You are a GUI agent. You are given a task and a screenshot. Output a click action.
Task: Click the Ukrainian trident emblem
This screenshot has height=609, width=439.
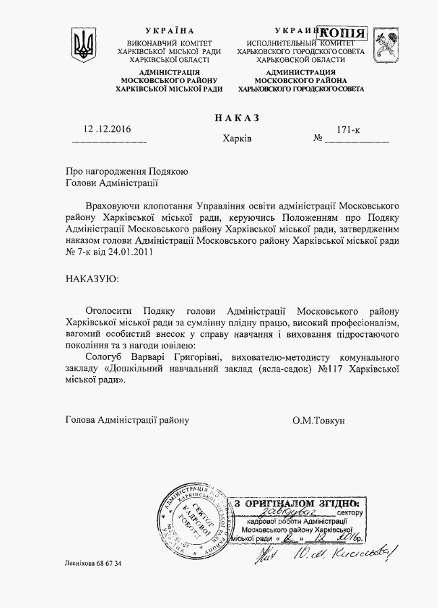click(x=84, y=45)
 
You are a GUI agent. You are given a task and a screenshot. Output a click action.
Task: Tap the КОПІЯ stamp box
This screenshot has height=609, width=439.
click(x=343, y=33)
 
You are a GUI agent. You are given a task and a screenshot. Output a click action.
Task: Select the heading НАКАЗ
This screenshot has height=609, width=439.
click(x=237, y=117)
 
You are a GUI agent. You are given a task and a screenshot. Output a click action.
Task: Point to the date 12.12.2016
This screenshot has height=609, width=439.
click(x=108, y=129)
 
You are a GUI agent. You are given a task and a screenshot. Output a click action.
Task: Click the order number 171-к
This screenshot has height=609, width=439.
click(x=349, y=128)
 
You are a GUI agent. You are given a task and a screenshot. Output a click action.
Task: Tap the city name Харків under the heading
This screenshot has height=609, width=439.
click(x=237, y=139)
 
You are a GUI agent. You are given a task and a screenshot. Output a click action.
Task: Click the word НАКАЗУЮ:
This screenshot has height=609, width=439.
click(x=91, y=278)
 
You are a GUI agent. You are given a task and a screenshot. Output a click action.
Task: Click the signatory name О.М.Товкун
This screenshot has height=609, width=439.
click(x=319, y=420)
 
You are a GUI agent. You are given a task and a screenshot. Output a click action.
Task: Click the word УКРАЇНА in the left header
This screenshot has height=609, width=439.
click(x=170, y=32)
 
